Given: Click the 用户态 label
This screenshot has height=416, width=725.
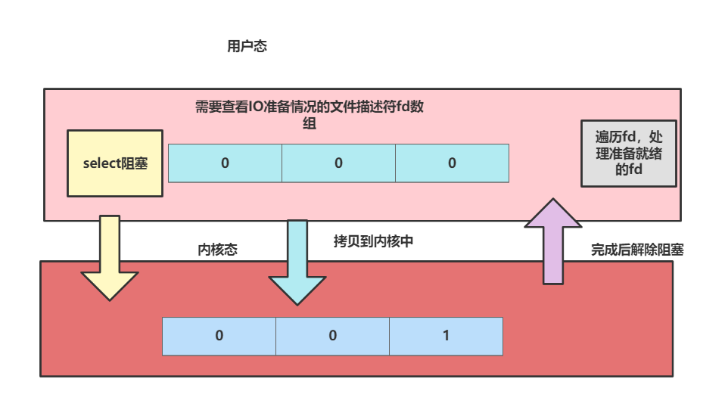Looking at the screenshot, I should point(247,47).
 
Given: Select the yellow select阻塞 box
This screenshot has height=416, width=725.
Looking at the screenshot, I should point(115,163).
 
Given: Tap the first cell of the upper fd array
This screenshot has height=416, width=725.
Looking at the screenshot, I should point(225,163).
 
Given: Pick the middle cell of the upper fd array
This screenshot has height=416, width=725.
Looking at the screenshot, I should point(338,163).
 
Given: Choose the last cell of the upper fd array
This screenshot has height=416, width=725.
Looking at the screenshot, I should point(452,163).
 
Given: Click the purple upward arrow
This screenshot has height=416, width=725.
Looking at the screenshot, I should point(553,242).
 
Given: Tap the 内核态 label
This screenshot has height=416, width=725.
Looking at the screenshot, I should point(217,250).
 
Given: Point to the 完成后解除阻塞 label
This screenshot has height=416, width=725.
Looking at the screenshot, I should point(637,250).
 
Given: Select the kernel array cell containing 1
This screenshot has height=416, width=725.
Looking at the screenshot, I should point(447,336).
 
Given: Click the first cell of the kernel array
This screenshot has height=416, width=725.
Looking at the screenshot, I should point(219,336).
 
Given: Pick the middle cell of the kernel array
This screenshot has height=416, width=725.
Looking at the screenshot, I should point(332,336).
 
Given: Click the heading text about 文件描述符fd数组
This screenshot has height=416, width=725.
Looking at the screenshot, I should point(309,107).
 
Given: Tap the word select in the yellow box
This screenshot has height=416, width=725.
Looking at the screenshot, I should point(101,163).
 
